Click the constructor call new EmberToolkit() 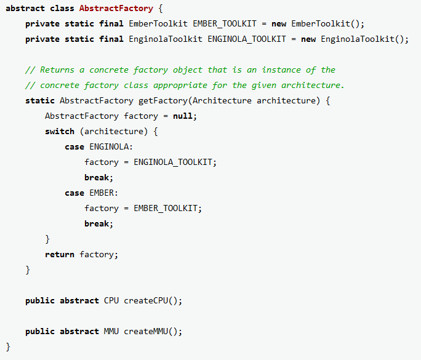(318, 23)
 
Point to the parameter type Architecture (222, 100)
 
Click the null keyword (185, 116)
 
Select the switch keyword (60, 131)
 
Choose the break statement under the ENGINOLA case (98, 177)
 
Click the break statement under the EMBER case (98, 223)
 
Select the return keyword (60, 254)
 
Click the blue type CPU (111, 300)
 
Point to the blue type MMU (111, 331)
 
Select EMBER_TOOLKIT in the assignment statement (166, 208)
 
